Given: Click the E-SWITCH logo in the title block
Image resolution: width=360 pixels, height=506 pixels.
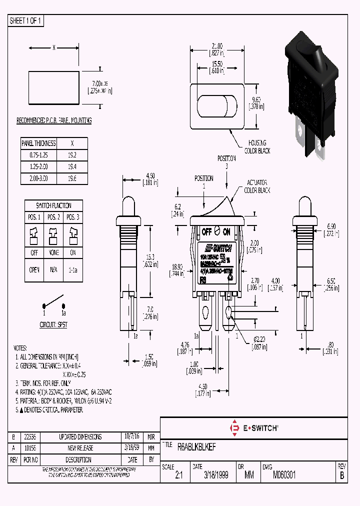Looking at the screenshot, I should [x=253, y=428].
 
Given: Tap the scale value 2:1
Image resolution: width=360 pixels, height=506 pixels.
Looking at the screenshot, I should [x=178, y=476].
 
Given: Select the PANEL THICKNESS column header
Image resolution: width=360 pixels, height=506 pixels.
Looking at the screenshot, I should [x=39, y=143].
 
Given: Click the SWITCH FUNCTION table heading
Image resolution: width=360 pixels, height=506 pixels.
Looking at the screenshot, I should [x=53, y=205].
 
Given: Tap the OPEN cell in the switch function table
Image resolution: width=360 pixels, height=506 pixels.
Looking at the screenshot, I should [x=34, y=268].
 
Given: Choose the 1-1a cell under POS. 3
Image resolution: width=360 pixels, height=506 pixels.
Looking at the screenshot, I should [x=73, y=268].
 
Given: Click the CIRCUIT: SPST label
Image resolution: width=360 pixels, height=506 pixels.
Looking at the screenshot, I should [x=53, y=324].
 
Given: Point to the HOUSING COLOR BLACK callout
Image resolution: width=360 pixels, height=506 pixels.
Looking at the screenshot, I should [x=257, y=147].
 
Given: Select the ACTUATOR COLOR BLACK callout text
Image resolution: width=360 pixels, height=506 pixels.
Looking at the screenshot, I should [x=257, y=187].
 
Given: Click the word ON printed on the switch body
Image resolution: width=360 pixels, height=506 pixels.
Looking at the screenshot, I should [x=226, y=232].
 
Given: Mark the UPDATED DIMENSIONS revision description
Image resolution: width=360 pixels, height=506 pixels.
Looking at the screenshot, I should [x=80, y=436].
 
